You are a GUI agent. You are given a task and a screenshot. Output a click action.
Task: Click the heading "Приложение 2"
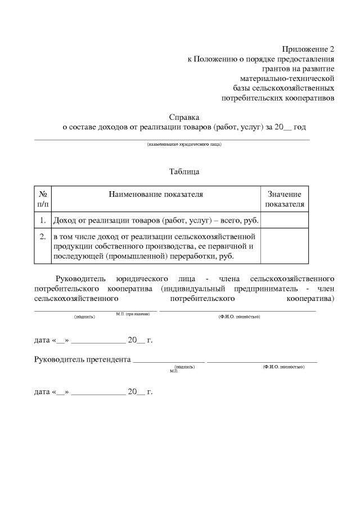click(308, 49)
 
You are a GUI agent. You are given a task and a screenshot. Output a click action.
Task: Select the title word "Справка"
click(184, 118)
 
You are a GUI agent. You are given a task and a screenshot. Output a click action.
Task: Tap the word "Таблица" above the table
click(184, 171)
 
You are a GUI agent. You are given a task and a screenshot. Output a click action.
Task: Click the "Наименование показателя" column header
click(156, 194)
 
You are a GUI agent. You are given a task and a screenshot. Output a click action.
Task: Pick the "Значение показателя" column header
click(285, 199)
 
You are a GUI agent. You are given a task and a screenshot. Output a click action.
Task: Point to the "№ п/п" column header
click(43, 199)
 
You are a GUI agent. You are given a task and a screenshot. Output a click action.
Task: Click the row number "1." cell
click(43, 220)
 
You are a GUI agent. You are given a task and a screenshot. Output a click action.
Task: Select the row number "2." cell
click(43, 236)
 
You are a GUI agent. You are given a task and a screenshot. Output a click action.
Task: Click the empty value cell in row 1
click(285, 220)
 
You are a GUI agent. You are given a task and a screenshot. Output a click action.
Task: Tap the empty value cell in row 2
click(285, 246)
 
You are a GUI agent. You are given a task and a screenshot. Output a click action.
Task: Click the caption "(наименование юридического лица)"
click(184, 145)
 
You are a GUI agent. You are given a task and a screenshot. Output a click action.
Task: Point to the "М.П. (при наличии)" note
click(133, 313)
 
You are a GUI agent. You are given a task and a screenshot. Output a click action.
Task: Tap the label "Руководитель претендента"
click(82, 359)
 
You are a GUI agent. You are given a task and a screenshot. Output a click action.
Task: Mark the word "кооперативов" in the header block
click(309, 98)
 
